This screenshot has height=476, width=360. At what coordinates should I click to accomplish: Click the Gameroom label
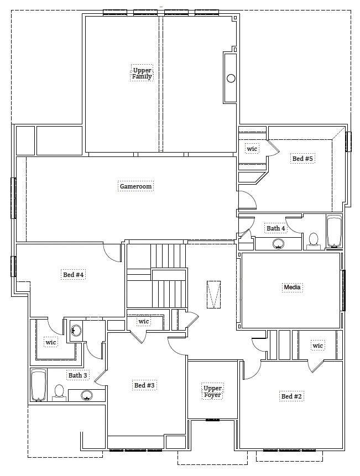[x=135, y=186]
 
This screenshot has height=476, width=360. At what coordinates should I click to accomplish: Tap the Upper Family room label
[x=142, y=73]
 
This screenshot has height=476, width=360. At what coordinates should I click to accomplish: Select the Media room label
[x=292, y=287]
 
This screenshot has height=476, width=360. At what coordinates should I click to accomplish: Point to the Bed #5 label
[x=302, y=159]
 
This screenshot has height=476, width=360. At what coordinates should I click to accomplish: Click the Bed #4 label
[x=73, y=275]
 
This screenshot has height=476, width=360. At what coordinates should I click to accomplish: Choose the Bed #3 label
[x=144, y=385]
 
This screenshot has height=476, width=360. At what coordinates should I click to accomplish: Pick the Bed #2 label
[x=291, y=396]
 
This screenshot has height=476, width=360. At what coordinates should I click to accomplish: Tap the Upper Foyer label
[x=212, y=391]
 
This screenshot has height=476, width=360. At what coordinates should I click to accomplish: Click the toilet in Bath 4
[x=313, y=241]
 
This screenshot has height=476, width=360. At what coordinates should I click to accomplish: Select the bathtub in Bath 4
[x=334, y=232]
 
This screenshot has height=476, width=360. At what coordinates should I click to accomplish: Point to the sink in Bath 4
[x=278, y=243]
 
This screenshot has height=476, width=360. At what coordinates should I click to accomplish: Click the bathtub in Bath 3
[x=39, y=385]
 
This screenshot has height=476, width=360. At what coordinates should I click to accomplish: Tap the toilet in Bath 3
[x=59, y=393]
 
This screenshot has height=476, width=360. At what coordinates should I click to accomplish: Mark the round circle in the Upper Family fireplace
[x=231, y=79]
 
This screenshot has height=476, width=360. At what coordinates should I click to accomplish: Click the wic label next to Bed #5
[x=252, y=149]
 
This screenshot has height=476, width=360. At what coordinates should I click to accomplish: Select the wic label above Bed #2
[x=317, y=346]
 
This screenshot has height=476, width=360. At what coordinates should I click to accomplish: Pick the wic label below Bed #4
[x=51, y=342]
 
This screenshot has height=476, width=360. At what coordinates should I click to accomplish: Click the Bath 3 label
[x=78, y=375]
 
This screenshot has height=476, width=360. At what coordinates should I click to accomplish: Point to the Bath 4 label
[x=276, y=228]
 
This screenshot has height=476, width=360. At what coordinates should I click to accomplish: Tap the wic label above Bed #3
[x=144, y=321]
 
